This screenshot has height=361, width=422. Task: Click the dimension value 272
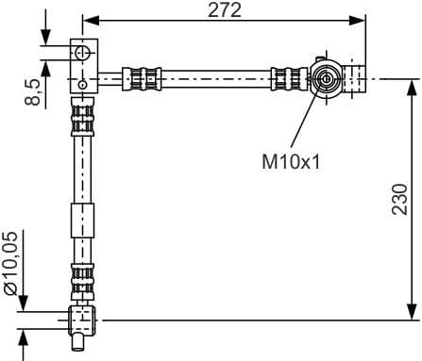click(x=225, y=10)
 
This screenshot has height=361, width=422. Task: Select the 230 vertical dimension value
click(x=399, y=199)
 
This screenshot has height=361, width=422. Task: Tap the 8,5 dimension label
click(x=34, y=91)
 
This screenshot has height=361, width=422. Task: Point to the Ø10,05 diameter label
click(x=10, y=267)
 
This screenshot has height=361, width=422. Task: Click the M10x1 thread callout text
click(x=291, y=161)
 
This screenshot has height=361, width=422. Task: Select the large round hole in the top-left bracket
click(x=84, y=52)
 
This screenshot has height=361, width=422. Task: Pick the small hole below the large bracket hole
click(x=84, y=83)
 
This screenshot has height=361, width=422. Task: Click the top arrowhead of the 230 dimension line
click(x=412, y=85)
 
